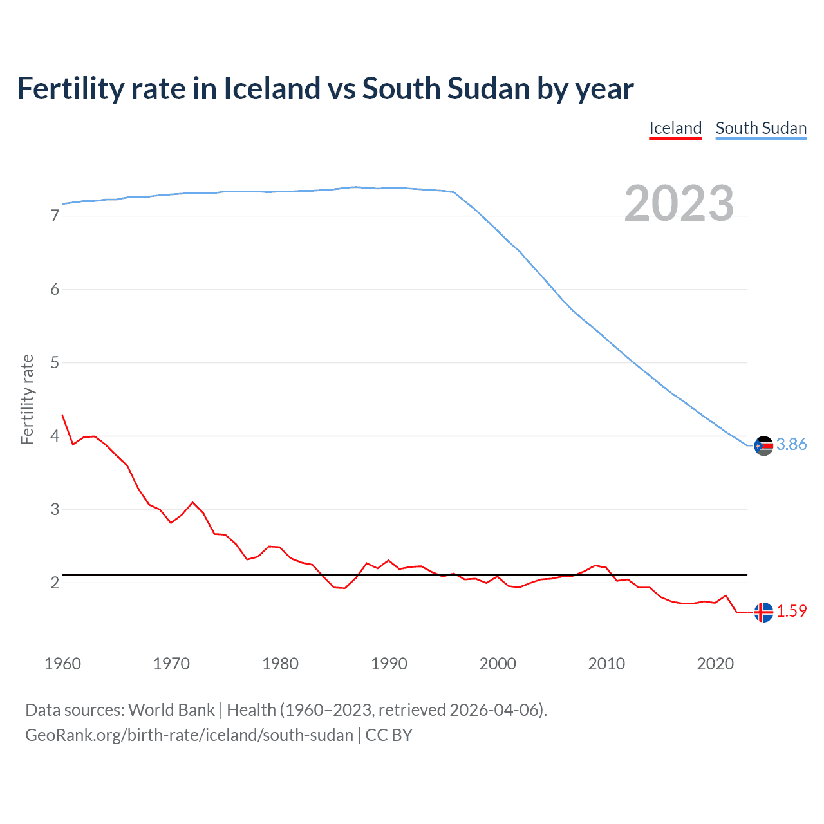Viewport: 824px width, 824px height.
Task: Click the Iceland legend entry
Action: pyautogui.click(x=675, y=128)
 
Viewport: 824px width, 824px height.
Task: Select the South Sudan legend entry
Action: pyautogui.click(x=761, y=128)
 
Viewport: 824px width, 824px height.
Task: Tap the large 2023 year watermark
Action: pyautogui.click(x=679, y=203)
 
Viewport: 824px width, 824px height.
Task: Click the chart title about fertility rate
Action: pyautogui.click(x=325, y=88)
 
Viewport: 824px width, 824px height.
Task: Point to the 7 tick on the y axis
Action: pyautogui.click(x=55, y=216)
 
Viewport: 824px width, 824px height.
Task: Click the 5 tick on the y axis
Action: pyautogui.click(x=55, y=362)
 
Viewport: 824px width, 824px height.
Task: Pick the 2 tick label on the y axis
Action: pyautogui.click(x=55, y=583)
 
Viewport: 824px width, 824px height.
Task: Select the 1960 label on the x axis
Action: pyautogui.click(x=62, y=664)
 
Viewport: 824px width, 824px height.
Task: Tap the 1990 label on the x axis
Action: pyautogui.click(x=389, y=664)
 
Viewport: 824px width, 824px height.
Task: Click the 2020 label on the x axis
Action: pyautogui.click(x=715, y=664)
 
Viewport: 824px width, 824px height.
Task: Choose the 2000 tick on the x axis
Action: pyautogui.click(x=498, y=664)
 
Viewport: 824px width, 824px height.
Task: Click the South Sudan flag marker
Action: pyautogui.click(x=763, y=445)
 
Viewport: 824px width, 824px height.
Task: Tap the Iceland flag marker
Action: pyautogui.click(x=763, y=612)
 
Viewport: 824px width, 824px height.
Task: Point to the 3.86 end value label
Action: pyautogui.click(x=791, y=445)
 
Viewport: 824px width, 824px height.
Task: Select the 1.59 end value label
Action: pyautogui.click(x=791, y=611)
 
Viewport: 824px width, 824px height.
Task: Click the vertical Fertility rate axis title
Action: pyautogui.click(x=27, y=399)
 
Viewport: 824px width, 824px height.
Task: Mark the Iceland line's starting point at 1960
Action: pyautogui.click(x=62, y=415)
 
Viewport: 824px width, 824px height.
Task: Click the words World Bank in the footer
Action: pyautogui.click(x=171, y=710)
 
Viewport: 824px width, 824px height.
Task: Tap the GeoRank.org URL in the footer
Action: pyautogui.click(x=189, y=735)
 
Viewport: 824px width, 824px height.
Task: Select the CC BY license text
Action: pyautogui.click(x=389, y=735)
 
